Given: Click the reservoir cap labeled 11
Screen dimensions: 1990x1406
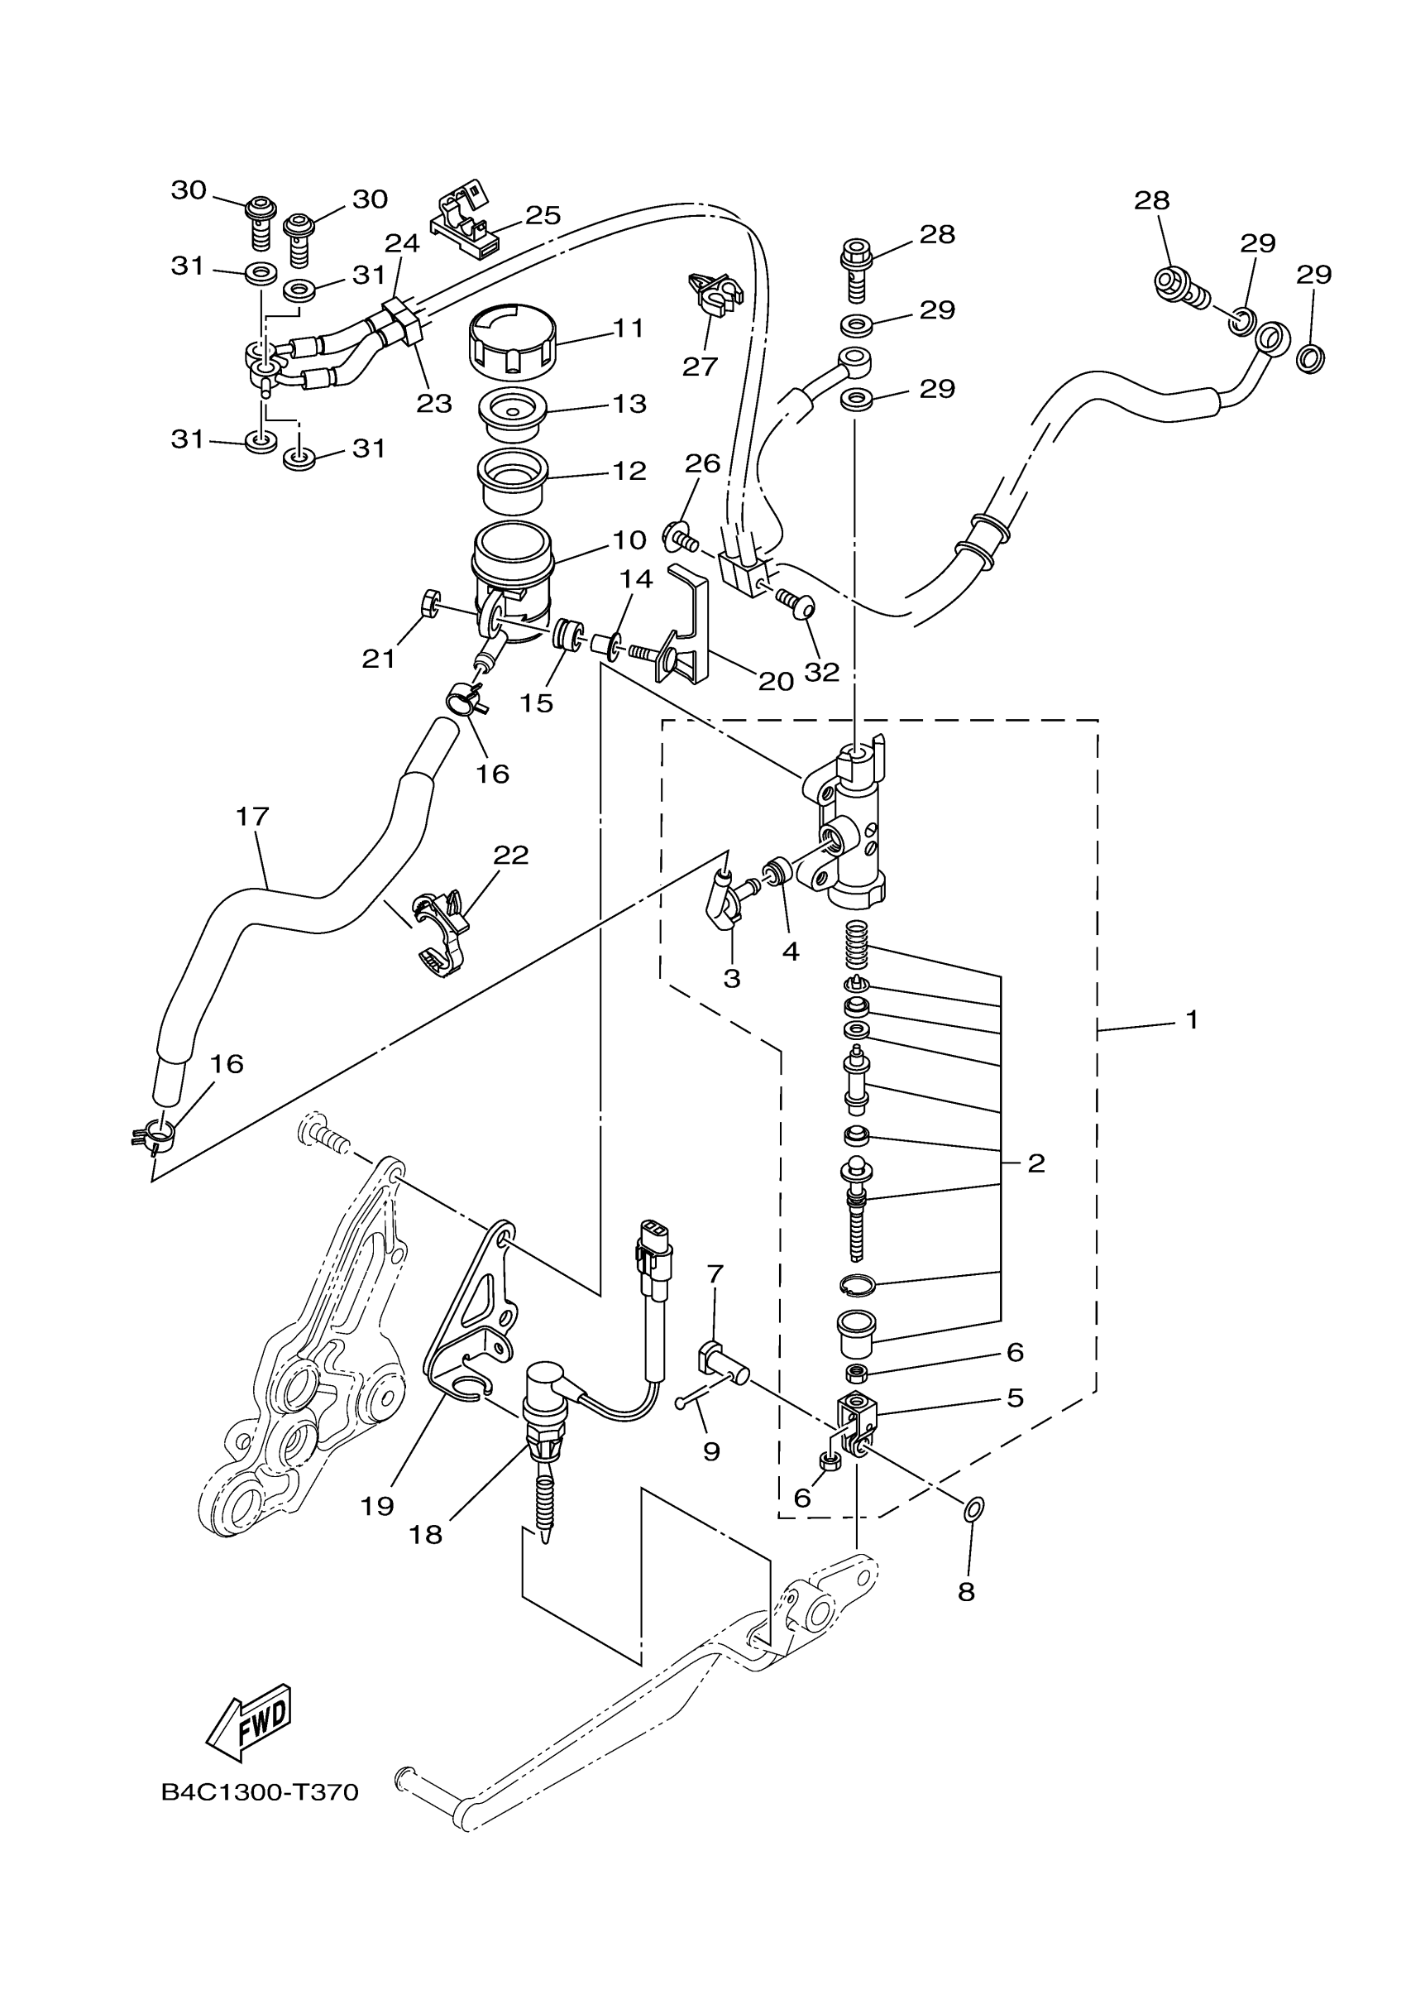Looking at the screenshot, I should tap(512, 343).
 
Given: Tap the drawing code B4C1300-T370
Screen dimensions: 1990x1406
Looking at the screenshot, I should tap(260, 1792).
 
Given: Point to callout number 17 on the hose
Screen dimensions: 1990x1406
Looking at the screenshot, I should tap(252, 817).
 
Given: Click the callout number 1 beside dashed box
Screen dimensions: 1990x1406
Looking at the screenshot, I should tap(1192, 1020).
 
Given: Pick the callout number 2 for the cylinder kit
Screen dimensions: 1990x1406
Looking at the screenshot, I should tap(1036, 1163).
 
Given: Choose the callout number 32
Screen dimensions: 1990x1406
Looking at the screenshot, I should tap(821, 672).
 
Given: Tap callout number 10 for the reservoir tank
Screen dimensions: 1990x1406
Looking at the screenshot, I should tap(629, 540).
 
